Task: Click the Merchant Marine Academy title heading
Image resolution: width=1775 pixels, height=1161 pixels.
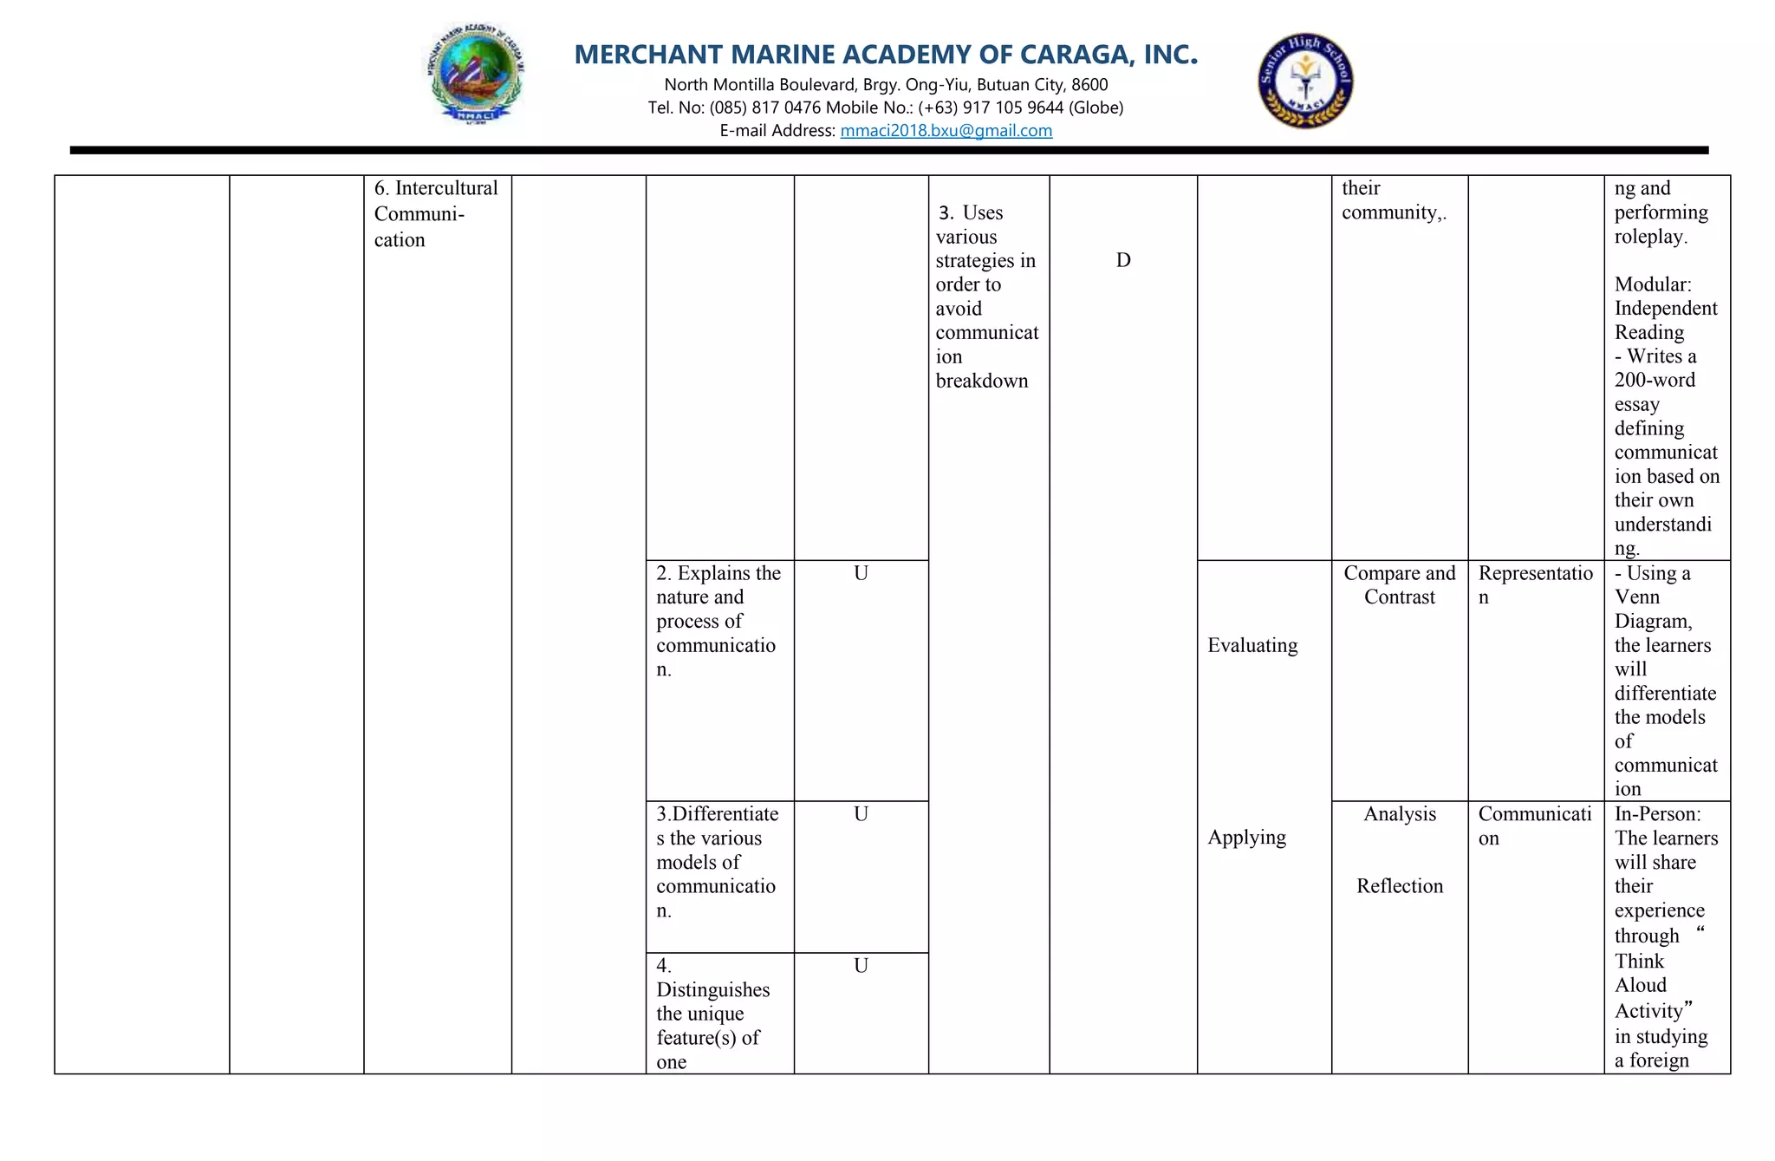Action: click(x=886, y=55)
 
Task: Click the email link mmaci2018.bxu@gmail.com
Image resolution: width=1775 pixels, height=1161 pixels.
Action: click(x=946, y=131)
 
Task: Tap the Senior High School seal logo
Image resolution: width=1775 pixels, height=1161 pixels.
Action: click(x=1305, y=82)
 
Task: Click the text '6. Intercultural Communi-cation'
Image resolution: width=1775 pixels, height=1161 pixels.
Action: click(x=435, y=213)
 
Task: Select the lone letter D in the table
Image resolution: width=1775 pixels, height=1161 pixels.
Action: click(x=1122, y=260)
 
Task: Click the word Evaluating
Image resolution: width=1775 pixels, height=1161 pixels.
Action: click(x=1252, y=645)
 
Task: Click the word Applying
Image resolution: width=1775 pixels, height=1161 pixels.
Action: click(x=1246, y=838)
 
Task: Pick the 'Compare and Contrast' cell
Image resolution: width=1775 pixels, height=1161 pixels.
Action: click(x=1399, y=585)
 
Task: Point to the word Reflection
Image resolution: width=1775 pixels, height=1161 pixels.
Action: click(x=1399, y=886)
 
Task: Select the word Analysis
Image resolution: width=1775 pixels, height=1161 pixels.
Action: click(x=1399, y=814)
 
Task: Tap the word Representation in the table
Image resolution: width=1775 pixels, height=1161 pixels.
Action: click(x=1535, y=574)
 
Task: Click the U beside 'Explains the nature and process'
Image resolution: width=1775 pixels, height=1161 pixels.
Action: click(x=861, y=573)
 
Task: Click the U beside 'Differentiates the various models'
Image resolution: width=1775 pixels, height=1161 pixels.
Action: click(x=861, y=814)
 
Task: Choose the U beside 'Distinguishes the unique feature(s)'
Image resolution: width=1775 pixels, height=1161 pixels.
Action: click(x=861, y=966)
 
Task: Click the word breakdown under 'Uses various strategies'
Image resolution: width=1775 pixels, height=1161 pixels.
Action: click(x=981, y=381)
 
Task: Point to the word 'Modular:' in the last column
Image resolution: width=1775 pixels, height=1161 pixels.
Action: click(x=1652, y=284)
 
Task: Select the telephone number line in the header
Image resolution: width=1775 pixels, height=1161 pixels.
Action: click(x=885, y=108)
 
